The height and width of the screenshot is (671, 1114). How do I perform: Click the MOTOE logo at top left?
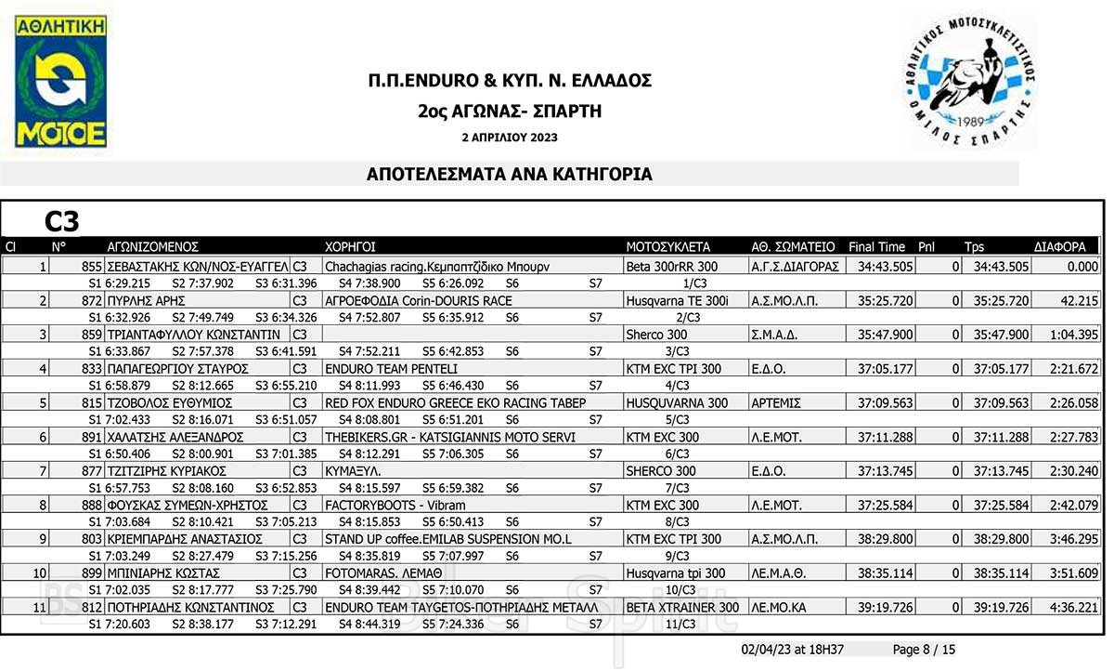point(60,82)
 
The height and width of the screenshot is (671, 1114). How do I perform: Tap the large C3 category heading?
point(62,221)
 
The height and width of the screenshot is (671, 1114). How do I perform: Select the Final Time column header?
point(875,247)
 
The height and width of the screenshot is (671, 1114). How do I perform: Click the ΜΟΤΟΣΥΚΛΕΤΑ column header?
point(667,247)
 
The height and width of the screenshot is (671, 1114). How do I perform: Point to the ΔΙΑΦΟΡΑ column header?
point(1059,247)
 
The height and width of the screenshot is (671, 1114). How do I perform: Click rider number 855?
point(91,266)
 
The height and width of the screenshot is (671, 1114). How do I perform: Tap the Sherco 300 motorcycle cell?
point(656,335)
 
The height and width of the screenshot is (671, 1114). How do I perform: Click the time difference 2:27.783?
point(1073,437)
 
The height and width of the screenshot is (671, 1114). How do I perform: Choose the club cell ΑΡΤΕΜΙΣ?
point(776,403)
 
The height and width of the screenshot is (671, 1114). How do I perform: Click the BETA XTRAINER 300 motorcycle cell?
point(682,608)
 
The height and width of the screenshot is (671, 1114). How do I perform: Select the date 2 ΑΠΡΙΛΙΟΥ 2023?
point(510,138)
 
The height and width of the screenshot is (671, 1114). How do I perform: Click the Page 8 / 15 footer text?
point(923,650)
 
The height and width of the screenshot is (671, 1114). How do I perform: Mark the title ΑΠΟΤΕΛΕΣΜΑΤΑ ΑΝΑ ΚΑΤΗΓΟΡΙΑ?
point(510,174)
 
